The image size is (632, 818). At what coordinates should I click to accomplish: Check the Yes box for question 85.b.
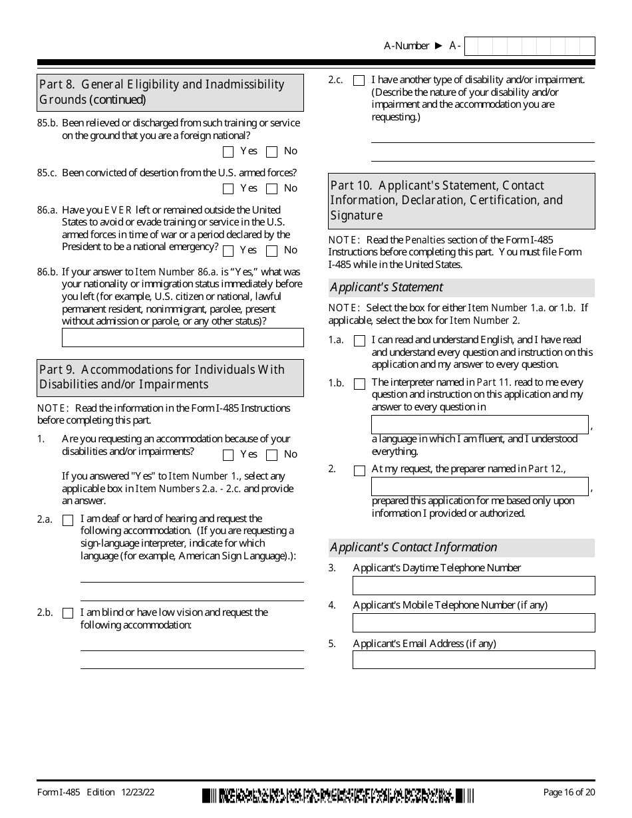click(228, 152)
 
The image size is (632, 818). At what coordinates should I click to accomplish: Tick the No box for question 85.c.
click(271, 189)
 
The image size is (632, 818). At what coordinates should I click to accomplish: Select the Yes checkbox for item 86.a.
click(228, 251)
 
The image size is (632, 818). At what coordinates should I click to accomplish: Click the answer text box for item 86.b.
click(182, 337)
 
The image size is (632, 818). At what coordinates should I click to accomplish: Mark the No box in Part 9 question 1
click(271, 455)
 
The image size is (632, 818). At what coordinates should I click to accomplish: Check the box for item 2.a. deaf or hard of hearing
click(68, 520)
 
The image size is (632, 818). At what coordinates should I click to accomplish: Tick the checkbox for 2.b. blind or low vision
click(68, 613)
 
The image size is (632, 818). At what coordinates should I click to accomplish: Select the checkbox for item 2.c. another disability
click(359, 80)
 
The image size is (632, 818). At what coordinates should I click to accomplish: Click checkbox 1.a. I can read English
click(359, 341)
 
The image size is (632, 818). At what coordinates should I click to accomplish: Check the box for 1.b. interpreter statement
click(359, 384)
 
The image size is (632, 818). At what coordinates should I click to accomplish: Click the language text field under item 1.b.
click(479, 424)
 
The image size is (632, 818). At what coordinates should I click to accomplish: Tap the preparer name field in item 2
click(479, 486)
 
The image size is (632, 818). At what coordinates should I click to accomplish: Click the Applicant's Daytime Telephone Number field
click(473, 585)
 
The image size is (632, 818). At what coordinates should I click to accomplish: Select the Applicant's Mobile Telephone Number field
click(473, 622)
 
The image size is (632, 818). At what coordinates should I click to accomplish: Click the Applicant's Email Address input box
click(473, 660)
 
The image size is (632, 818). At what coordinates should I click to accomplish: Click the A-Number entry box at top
click(529, 46)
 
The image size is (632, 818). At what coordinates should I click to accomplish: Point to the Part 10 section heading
click(462, 200)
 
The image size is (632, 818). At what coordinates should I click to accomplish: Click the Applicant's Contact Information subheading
click(462, 547)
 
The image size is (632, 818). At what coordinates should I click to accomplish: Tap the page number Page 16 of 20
click(569, 792)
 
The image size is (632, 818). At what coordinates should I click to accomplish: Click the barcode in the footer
click(338, 795)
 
